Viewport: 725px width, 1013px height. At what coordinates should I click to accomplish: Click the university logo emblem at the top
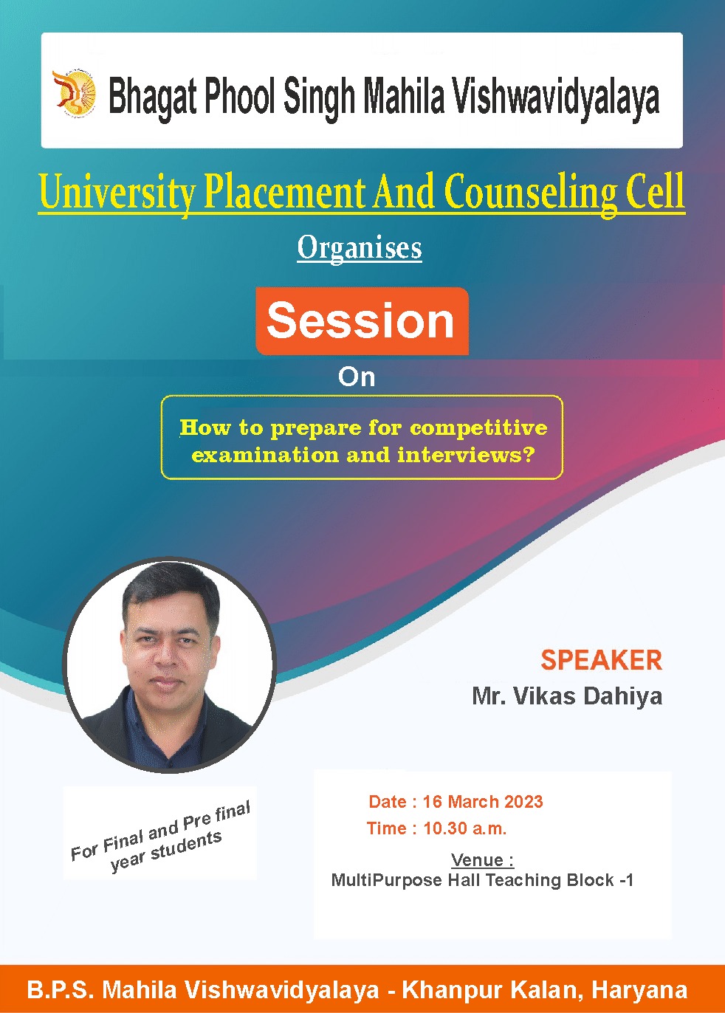74,93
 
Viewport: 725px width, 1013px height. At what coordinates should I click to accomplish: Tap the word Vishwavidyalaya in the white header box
556,98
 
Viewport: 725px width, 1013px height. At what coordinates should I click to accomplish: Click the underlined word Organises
360,249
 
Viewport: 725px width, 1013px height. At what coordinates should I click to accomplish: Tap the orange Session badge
362,320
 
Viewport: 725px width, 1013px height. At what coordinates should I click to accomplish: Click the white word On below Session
357,377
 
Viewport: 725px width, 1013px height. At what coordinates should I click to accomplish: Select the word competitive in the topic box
478,428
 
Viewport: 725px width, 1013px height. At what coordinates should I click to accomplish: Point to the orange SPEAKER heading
601,660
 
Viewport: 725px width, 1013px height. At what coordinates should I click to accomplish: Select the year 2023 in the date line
523,802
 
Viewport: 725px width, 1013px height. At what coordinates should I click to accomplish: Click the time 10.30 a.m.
465,828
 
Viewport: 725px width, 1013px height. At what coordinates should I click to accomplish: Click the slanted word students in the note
186,845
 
